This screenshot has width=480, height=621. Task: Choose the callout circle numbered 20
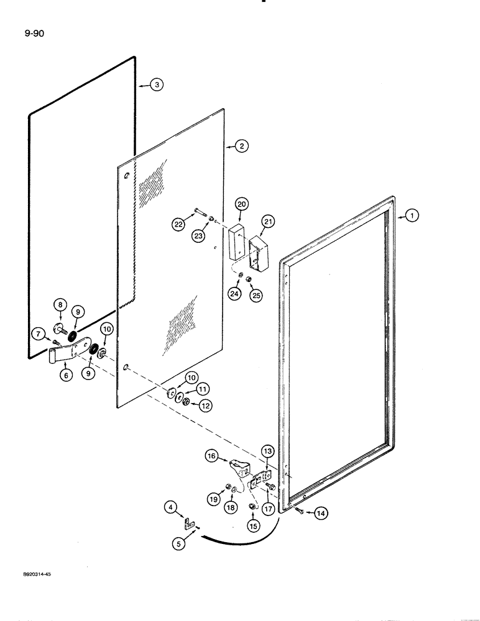[x=241, y=204]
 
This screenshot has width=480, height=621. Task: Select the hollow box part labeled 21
[x=261, y=253]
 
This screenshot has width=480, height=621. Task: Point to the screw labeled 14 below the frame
[x=300, y=510]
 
